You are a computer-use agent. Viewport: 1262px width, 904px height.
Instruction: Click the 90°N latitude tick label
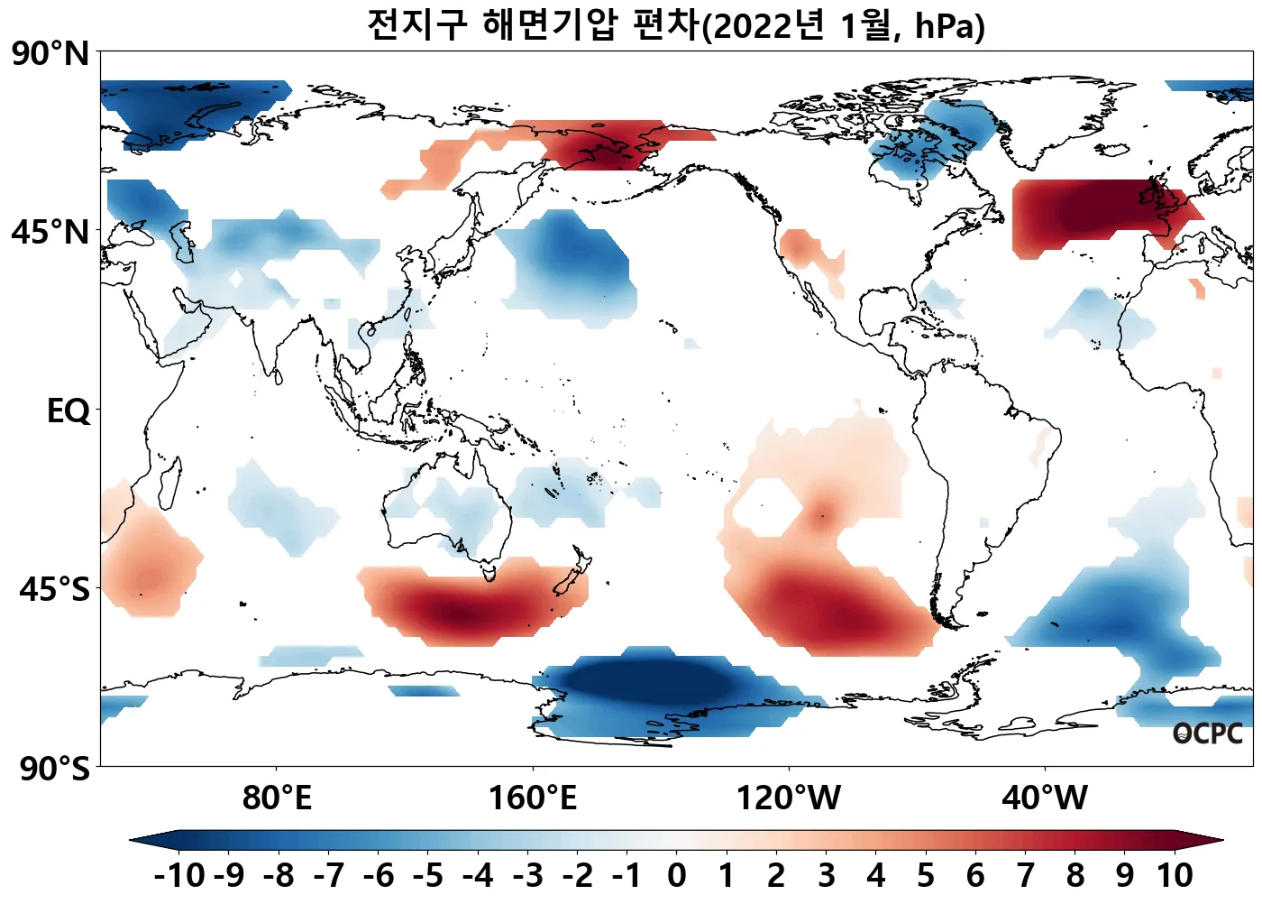[x=50, y=53]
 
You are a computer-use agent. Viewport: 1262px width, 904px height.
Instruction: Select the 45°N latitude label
[x=50, y=232]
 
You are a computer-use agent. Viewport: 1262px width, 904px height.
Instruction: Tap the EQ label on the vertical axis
[x=69, y=410]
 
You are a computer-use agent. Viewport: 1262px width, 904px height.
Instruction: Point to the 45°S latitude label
[x=54, y=589]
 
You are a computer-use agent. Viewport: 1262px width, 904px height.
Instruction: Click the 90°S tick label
[x=54, y=768]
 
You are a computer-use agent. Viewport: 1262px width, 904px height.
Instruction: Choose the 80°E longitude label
[x=277, y=798]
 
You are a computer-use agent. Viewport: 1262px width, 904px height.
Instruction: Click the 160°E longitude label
[x=532, y=798]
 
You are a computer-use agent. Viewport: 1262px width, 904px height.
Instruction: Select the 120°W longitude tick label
[x=789, y=798]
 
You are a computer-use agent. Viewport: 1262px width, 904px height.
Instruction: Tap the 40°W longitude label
[x=1045, y=798]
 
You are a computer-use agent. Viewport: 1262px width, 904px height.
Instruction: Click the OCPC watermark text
[x=1207, y=734]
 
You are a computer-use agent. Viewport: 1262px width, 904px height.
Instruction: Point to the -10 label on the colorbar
[x=179, y=875]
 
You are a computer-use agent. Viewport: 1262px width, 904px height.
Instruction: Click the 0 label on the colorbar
[x=676, y=875]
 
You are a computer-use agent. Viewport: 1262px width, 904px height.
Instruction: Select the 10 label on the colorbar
[x=1175, y=875]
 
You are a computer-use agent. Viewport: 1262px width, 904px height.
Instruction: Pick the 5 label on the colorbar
[x=926, y=875]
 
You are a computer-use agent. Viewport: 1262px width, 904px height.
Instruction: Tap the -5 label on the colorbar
[x=428, y=875]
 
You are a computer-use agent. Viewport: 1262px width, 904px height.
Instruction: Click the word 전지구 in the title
[x=416, y=24]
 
